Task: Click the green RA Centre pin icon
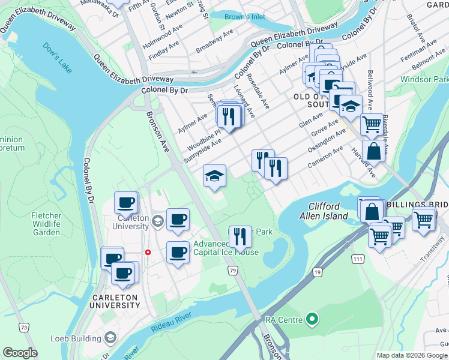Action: (311, 319)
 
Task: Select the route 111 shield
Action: (358, 259)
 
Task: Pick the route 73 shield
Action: (23, 327)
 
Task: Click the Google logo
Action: (20, 353)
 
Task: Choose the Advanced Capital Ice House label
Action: (226, 248)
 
